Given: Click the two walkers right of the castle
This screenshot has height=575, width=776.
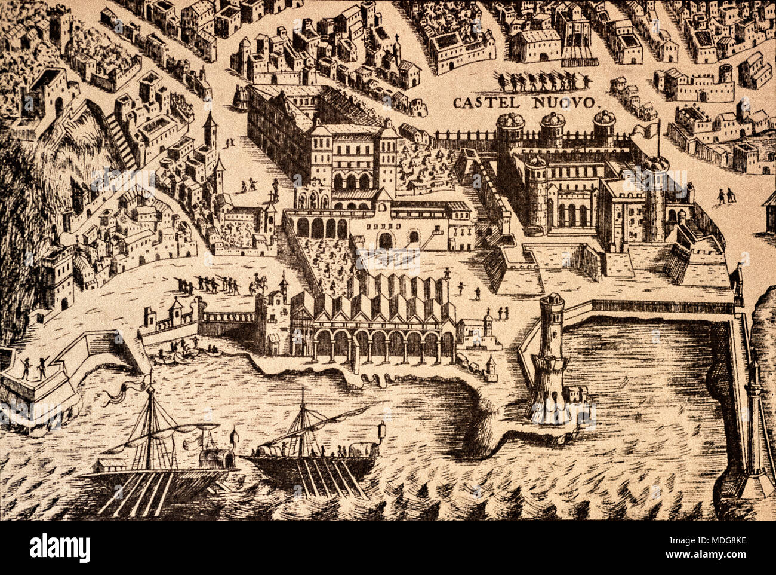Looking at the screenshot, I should (x=725, y=195).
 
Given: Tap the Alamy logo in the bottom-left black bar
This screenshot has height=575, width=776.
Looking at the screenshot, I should (x=60, y=548).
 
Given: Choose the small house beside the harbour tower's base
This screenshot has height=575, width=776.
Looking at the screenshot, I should (x=575, y=393).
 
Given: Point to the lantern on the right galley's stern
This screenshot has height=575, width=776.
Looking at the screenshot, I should (x=381, y=431).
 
